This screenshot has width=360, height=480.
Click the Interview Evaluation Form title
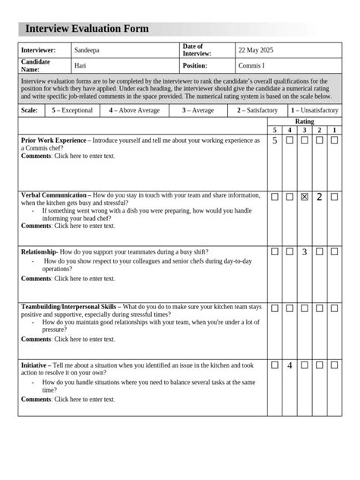[x=87, y=29]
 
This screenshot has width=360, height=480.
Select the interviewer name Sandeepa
[x=87, y=50]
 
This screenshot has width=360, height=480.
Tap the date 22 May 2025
[x=255, y=50]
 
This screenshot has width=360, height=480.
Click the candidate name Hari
[x=80, y=65]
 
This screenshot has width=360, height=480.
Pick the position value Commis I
[x=251, y=65]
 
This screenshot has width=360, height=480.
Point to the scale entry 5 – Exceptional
[x=72, y=110]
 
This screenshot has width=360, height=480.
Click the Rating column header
[x=304, y=122]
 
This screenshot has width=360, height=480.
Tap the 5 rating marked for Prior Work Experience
[x=274, y=141]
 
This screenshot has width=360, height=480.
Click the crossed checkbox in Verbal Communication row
[x=305, y=197]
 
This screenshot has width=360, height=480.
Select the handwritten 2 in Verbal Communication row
[x=320, y=197]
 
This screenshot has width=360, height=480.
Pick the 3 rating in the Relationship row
[x=305, y=251]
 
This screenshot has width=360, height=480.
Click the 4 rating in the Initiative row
[x=289, y=365]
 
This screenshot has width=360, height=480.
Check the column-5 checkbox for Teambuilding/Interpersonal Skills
[x=275, y=308]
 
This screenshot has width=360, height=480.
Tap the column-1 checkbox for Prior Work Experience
[x=334, y=141]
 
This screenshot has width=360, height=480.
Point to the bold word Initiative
[x=35, y=365]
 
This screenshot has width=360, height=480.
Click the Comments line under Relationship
[x=68, y=278]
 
